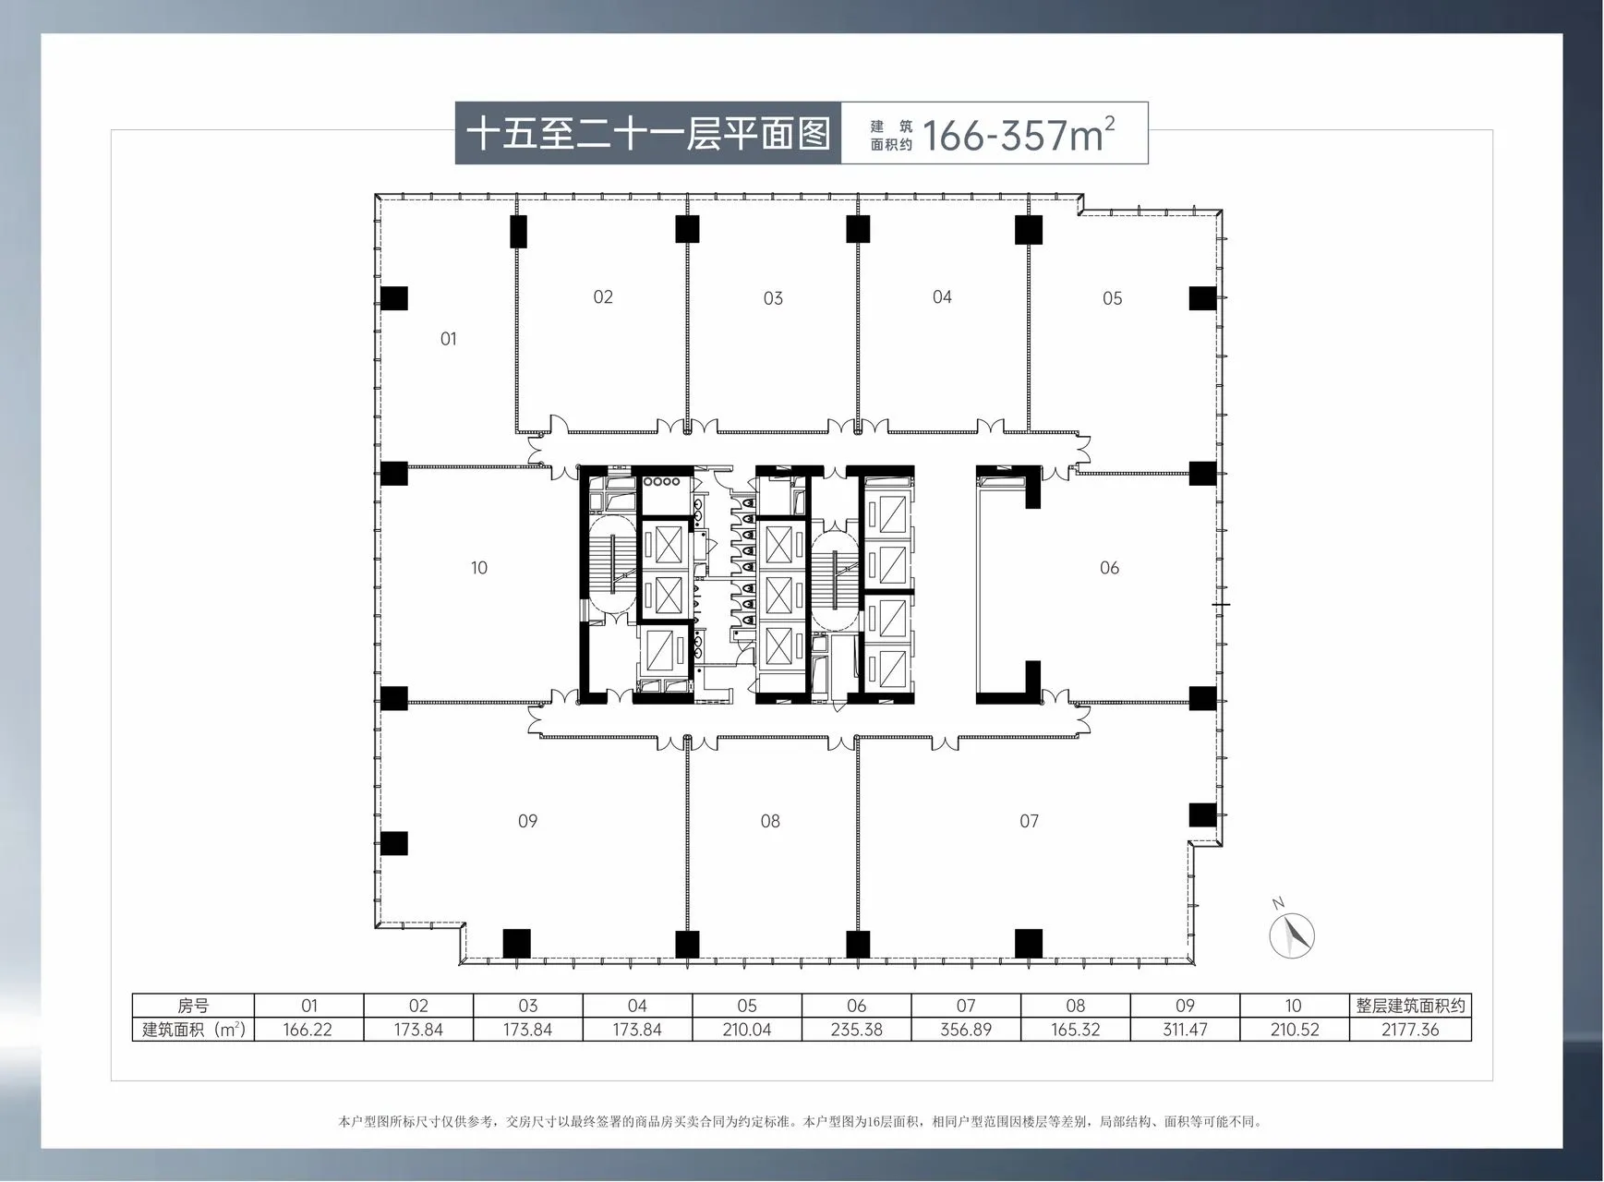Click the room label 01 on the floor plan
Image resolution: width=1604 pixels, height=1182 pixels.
(x=448, y=339)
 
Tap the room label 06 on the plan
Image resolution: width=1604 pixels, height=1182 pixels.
(x=1109, y=568)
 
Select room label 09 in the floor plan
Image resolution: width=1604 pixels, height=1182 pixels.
(x=527, y=821)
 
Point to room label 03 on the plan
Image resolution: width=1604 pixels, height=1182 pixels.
(x=773, y=298)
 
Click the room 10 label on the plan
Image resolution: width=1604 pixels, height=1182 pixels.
(x=478, y=568)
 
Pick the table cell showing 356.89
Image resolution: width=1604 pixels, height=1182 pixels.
(x=966, y=1030)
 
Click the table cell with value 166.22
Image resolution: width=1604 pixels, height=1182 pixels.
(x=308, y=1030)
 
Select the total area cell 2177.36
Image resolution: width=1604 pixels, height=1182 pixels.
(x=1410, y=1030)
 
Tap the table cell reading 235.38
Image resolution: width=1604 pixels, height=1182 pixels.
(x=856, y=1030)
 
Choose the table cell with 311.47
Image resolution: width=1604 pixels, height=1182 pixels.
(x=1185, y=1030)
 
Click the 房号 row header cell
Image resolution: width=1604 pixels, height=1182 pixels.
(x=193, y=1006)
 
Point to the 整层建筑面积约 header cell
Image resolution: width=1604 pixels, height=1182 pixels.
(x=1410, y=1006)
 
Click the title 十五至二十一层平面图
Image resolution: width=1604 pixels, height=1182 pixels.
(x=648, y=134)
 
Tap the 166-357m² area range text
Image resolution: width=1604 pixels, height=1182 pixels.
(x=1019, y=135)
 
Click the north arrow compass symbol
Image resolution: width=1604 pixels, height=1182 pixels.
(x=1291, y=932)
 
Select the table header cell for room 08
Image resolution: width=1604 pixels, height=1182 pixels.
(x=1076, y=1006)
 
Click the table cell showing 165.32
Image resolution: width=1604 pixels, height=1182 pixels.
(x=1076, y=1030)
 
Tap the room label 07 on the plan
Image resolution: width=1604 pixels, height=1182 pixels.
(x=1029, y=821)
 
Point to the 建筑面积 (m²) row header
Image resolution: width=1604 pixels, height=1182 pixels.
(x=193, y=1030)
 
